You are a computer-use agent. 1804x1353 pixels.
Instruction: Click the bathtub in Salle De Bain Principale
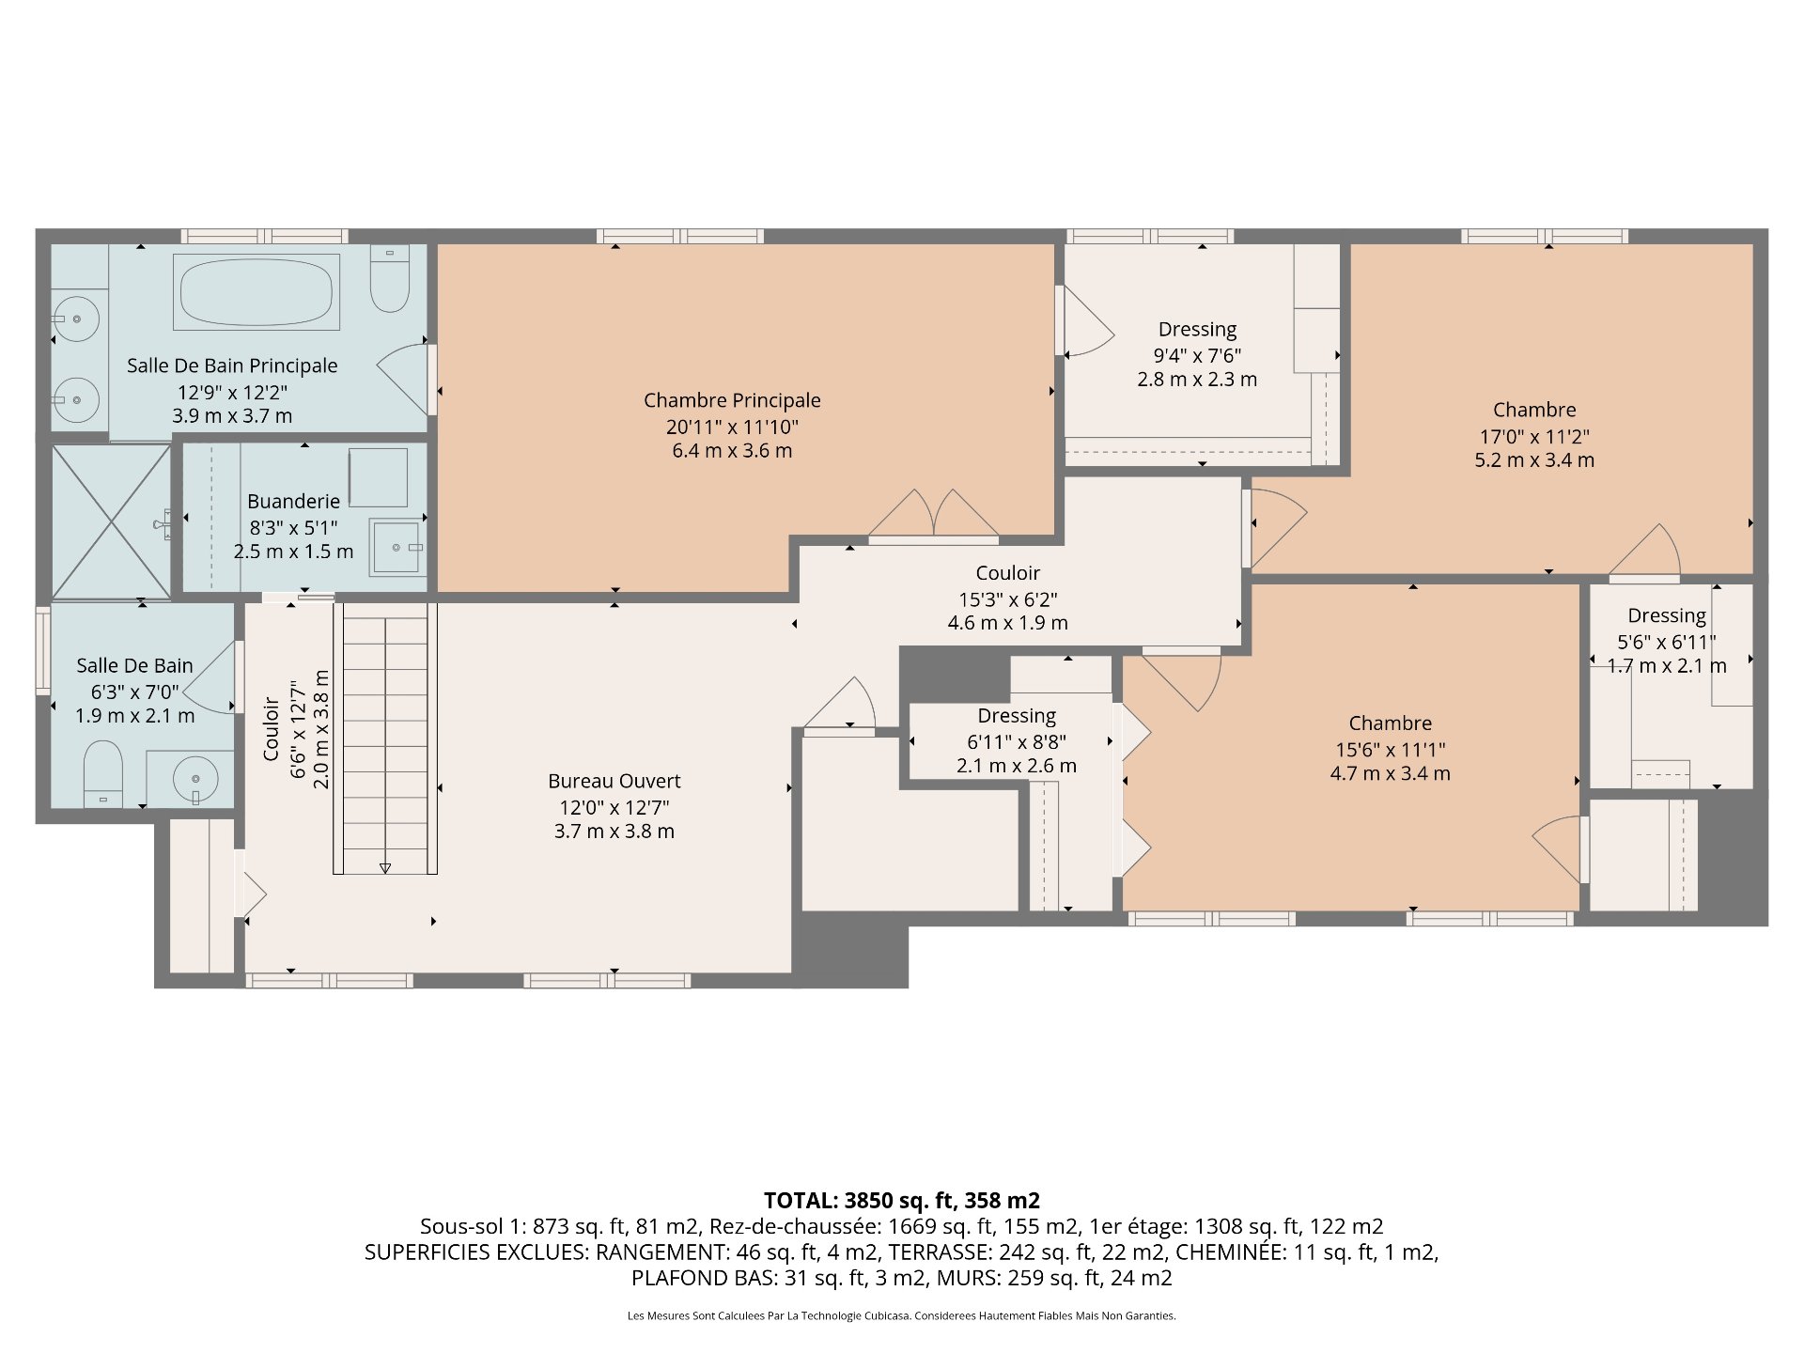pyautogui.click(x=257, y=291)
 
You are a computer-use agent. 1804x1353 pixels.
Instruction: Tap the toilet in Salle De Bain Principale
pyautogui.click(x=389, y=278)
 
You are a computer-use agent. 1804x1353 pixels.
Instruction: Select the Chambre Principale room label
pyautogui.click(x=732, y=400)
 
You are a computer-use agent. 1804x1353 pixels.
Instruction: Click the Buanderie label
pyautogui.click(x=294, y=502)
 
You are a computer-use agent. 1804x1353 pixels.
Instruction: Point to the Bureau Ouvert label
pyautogui.click(x=614, y=781)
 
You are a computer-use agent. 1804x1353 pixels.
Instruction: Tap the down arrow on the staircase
pyautogui.click(x=385, y=868)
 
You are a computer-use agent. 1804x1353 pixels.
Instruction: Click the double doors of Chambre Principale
pyautogui.click(x=933, y=516)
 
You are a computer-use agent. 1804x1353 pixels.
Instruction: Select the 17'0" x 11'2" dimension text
pyautogui.click(x=1534, y=436)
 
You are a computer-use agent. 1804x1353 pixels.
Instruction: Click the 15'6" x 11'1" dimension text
pyautogui.click(x=1391, y=750)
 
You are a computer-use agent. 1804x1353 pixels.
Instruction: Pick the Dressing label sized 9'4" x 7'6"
pyautogui.click(x=1197, y=330)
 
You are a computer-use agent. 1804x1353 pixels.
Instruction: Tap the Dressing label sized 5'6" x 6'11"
pyautogui.click(x=1667, y=616)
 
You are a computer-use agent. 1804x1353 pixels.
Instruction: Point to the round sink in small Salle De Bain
pyautogui.click(x=195, y=779)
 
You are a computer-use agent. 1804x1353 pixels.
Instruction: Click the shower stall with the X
pyautogui.click(x=112, y=521)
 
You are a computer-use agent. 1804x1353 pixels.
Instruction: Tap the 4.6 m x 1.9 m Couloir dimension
pyautogui.click(x=1007, y=623)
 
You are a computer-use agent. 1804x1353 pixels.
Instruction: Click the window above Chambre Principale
pyautogui.click(x=679, y=237)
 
